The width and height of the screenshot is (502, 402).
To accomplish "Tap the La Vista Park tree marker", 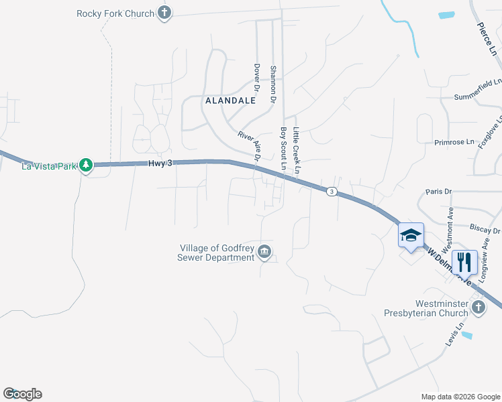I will pos(86,165).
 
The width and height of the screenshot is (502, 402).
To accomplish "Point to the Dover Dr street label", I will pos(256,77).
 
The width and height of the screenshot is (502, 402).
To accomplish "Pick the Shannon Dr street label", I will pos(273,84).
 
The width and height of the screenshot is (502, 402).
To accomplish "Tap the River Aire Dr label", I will pos(249,146).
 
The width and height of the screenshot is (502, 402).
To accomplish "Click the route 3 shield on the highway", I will pos(332,192).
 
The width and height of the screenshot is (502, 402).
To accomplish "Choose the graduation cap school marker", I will pos(411,236).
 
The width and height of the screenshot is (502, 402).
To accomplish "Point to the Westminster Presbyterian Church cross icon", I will pos(478,308).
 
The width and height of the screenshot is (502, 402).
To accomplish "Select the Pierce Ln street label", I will pos(487,37).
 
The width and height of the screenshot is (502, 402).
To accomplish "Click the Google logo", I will pos(22,394).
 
